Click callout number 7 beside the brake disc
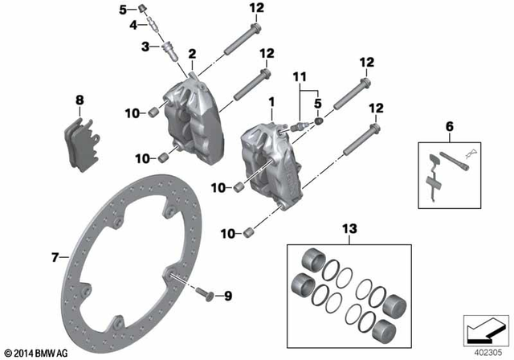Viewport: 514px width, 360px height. (55, 257)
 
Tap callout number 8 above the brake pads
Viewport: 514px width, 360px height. (79, 100)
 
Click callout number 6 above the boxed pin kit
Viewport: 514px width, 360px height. (449, 126)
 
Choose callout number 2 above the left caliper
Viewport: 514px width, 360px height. (191, 53)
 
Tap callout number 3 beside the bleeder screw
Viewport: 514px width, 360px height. (145, 47)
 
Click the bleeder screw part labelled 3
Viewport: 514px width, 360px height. (170, 50)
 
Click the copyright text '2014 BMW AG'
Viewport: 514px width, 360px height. (36, 352)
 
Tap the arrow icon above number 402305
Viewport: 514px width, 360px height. (481, 330)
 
